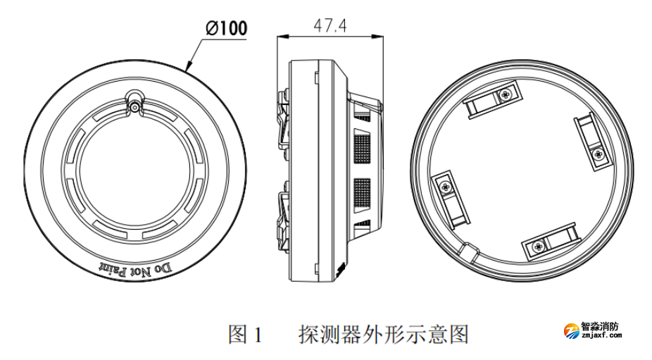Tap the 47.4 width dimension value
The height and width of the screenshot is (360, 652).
click(330, 26)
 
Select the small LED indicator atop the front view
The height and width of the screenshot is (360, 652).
click(134, 107)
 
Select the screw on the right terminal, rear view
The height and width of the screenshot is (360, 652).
click(597, 153)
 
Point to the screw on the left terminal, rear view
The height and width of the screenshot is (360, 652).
click(446, 187)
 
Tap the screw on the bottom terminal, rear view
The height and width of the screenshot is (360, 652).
click(538, 246)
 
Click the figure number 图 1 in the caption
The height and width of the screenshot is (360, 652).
click(244, 334)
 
